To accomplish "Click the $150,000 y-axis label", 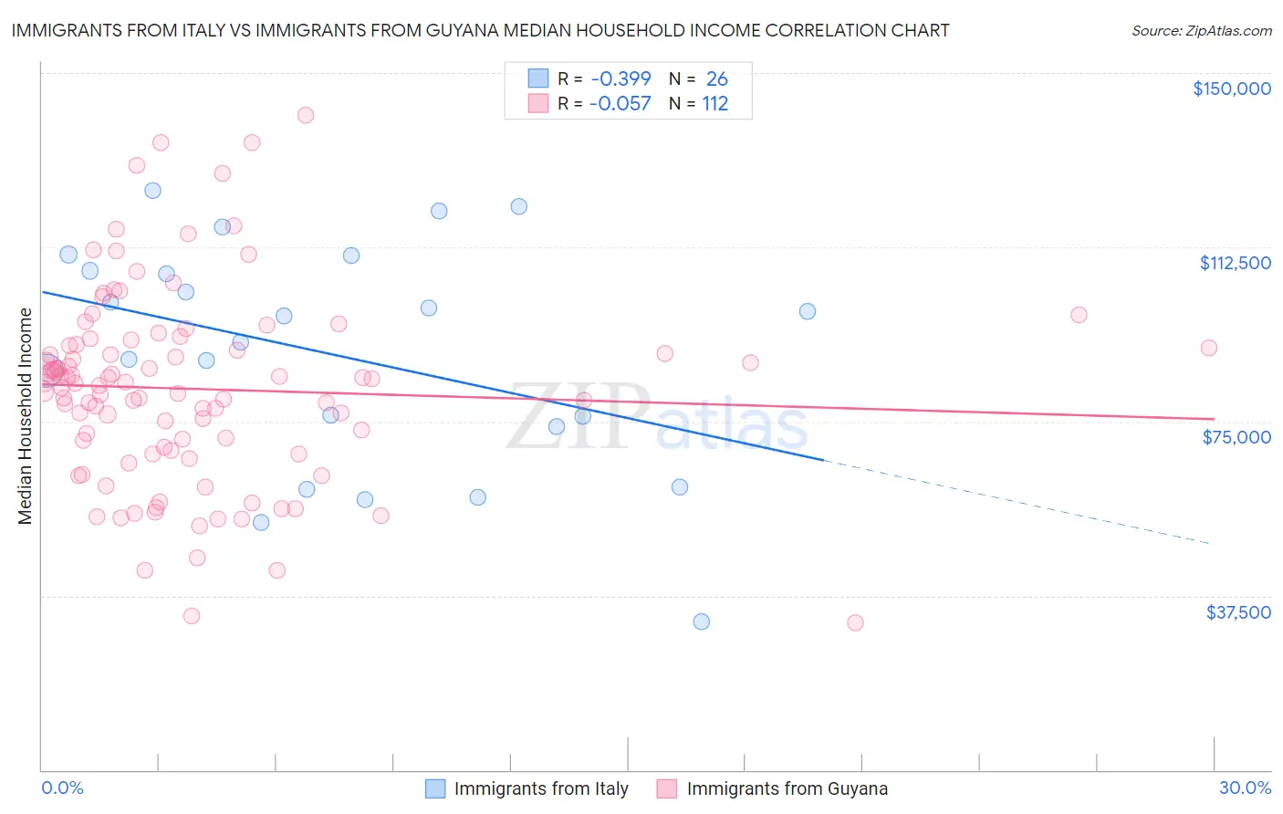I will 1231,89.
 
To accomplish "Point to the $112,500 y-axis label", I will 1235,263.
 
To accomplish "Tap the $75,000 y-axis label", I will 1236,437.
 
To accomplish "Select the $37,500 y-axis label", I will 1237,612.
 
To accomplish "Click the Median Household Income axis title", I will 26,416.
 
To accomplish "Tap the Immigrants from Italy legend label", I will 541,789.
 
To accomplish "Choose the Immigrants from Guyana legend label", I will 787,789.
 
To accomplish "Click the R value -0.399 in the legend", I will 621,79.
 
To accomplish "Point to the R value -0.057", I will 621,104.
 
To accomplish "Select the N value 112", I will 715,104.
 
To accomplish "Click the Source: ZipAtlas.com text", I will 1201,31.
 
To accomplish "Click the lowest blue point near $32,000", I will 701,621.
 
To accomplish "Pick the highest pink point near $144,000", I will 306,115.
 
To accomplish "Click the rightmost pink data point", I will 1209,348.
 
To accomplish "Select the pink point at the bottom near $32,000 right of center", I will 855,622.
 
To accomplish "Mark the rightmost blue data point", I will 808,311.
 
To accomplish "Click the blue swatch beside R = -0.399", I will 538,79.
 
